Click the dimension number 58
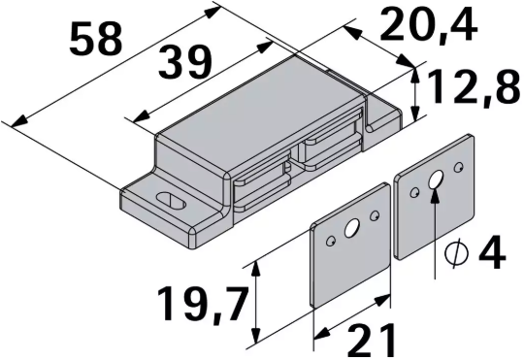click(97, 41)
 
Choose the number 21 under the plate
click(371, 340)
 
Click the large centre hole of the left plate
click(350, 229)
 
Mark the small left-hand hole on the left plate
click(332, 238)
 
